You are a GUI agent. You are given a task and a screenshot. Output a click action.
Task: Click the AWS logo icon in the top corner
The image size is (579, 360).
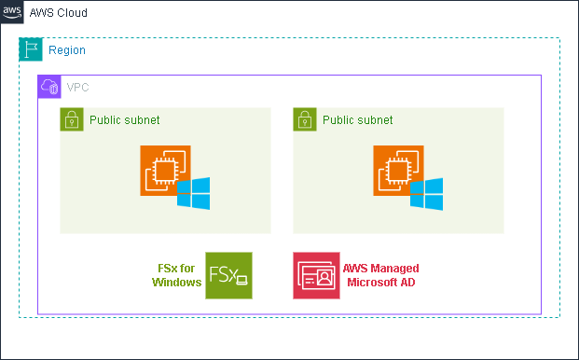point(12,12)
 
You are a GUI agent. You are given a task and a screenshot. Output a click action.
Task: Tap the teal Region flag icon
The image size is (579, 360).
point(31,50)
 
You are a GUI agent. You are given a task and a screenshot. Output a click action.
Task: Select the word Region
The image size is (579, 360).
point(67,50)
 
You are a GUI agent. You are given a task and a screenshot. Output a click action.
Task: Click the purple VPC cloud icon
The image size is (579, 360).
point(48,87)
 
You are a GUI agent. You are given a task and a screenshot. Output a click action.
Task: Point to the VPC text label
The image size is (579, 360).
point(78,87)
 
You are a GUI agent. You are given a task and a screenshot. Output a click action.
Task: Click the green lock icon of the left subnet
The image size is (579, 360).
point(72,119)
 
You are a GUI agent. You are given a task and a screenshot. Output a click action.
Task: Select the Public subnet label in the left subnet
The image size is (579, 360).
point(125,120)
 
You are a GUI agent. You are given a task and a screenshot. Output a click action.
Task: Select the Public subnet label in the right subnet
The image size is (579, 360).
point(358,120)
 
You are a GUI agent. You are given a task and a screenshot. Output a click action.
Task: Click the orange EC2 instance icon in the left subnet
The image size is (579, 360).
point(165,171)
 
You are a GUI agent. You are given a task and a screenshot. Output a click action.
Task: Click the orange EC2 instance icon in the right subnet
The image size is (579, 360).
point(398,171)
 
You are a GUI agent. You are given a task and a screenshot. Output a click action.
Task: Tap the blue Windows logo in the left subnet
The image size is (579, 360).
point(194,193)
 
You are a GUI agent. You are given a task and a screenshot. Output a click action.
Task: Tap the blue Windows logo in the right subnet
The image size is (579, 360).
point(427,193)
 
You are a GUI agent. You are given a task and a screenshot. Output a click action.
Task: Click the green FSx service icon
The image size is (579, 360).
point(228,275)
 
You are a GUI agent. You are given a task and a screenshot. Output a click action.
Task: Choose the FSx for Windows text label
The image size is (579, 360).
point(176,275)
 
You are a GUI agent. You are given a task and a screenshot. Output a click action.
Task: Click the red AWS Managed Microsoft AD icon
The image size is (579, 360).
point(316,275)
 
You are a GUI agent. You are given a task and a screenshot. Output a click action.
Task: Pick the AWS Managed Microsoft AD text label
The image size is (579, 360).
point(379,275)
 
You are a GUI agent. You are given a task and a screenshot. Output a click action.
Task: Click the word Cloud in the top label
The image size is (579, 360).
point(74,14)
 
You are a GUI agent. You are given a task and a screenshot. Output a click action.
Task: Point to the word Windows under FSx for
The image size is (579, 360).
point(176,283)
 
